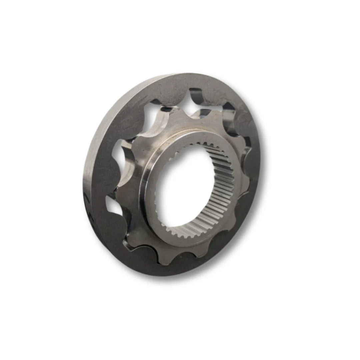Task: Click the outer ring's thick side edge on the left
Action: point(87,167)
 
